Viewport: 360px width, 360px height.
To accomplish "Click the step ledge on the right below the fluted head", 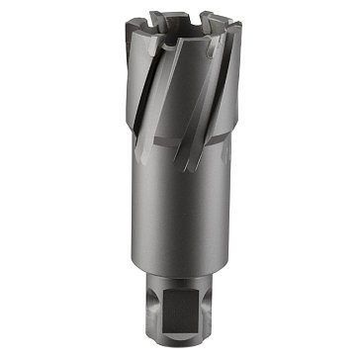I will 229,148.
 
